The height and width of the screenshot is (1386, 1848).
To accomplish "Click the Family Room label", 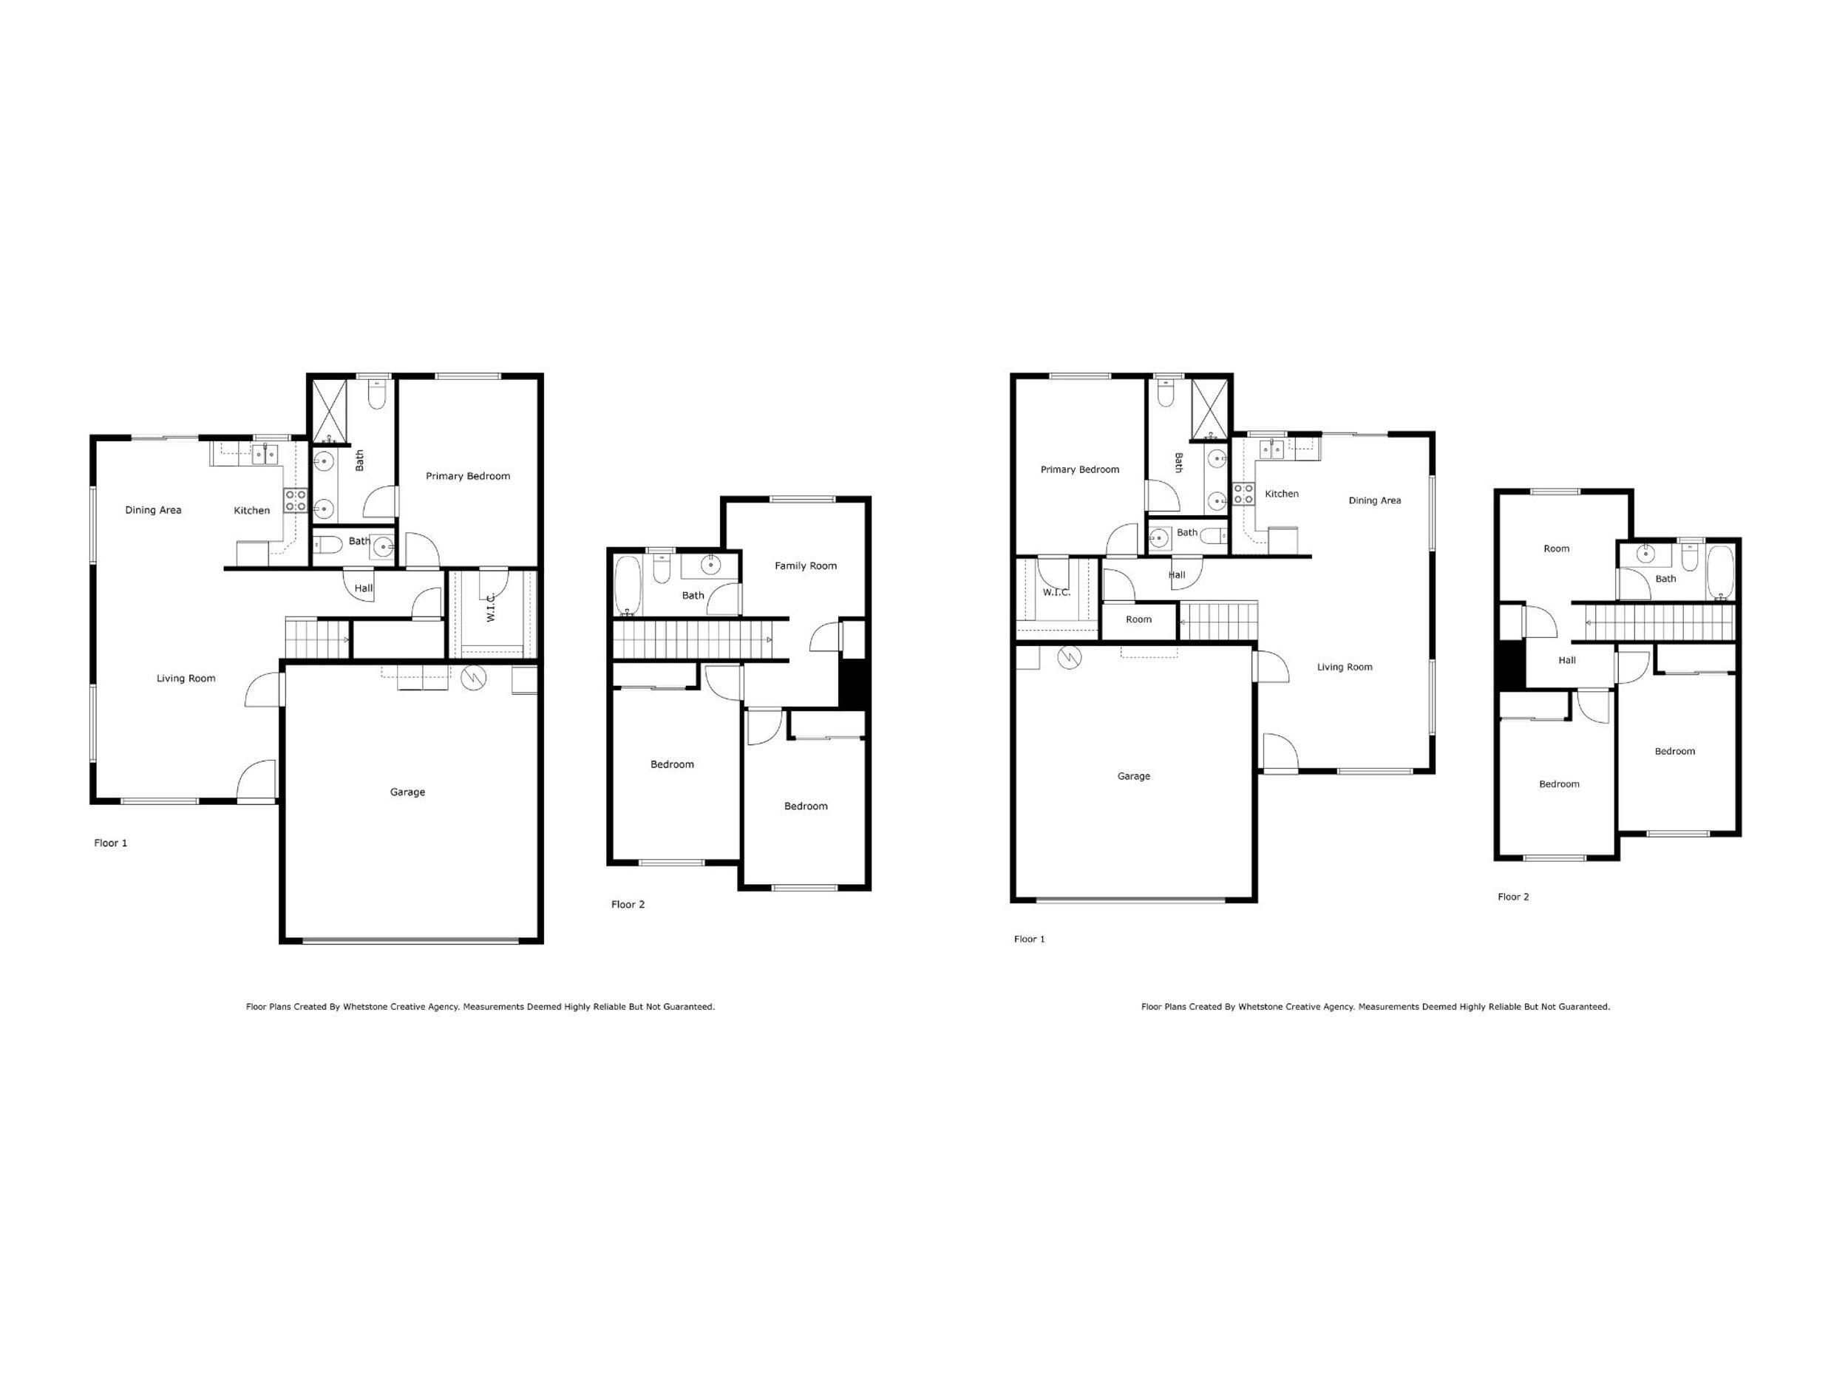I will pos(806,565).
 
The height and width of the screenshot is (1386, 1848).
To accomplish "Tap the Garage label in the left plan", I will pos(408,792).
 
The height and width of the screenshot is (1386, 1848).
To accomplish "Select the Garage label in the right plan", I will pos(1134,776).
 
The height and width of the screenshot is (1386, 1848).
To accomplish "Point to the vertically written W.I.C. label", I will pos(492,607).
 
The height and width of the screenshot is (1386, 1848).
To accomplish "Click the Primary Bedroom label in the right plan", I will pos(1079,469).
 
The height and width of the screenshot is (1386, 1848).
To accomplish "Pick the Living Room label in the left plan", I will pos(186,679).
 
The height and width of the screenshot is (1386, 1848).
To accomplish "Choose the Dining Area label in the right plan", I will pos(1374,500).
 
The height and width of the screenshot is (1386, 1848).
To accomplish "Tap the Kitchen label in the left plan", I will pos(251,511).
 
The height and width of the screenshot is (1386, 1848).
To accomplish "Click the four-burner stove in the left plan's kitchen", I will pos(296,500).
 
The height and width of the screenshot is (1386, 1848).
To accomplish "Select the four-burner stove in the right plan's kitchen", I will pos(1243,494).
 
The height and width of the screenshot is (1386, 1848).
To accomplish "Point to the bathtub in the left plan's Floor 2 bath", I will pos(625,584).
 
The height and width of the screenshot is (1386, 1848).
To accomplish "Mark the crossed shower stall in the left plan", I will pos(329,411).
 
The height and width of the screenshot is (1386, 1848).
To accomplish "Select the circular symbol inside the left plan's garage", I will pos(471,676).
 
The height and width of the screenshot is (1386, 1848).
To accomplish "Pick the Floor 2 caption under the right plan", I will pos(1513,897).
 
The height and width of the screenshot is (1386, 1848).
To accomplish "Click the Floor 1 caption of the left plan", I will pos(110,843).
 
